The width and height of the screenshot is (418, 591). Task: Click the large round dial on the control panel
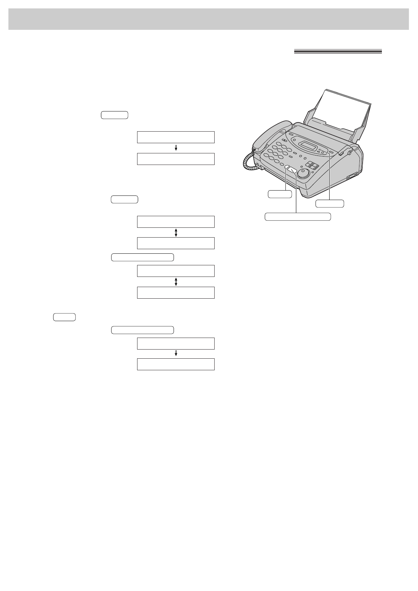[304, 173]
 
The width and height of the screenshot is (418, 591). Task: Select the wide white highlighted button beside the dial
[292, 170]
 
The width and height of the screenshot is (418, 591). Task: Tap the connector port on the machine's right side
[351, 177]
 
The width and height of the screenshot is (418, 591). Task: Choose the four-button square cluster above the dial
[312, 166]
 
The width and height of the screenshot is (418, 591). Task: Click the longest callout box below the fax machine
[297, 217]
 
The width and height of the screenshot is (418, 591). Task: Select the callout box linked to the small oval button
[279, 194]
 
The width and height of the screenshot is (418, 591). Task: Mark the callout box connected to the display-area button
[330, 203]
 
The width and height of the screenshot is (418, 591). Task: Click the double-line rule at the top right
[337, 52]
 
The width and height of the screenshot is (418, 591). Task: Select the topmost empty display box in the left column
[176, 137]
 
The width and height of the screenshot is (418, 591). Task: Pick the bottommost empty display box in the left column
[176, 364]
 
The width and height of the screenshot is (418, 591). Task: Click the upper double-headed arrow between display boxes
[176, 232]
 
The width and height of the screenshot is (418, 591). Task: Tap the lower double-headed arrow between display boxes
[176, 281]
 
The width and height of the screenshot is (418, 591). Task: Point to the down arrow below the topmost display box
[176, 148]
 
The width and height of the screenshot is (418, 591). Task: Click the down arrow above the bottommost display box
[176, 354]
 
